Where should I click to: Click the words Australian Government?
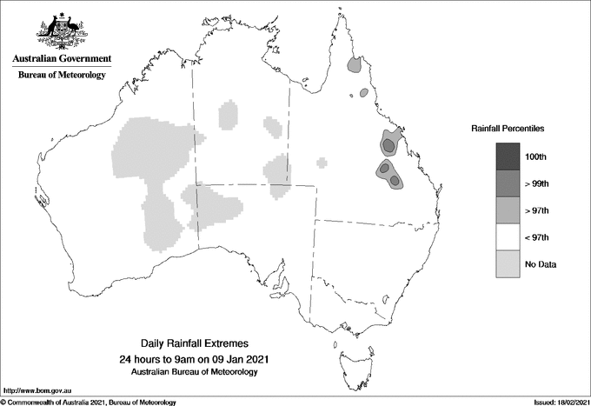(62, 59)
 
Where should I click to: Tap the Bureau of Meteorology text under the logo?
(62, 76)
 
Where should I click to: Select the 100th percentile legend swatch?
(508, 156)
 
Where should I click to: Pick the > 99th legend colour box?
(508, 183)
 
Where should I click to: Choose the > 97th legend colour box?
(508, 210)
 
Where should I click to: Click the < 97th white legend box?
(508, 236)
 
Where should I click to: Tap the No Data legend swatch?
(508, 263)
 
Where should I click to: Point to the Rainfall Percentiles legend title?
(508, 128)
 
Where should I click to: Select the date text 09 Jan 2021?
(237, 359)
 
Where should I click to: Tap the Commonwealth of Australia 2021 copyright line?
(89, 402)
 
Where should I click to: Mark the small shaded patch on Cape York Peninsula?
(354, 64)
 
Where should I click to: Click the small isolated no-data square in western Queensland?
(322, 162)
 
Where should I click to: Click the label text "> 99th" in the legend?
(542, 183)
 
